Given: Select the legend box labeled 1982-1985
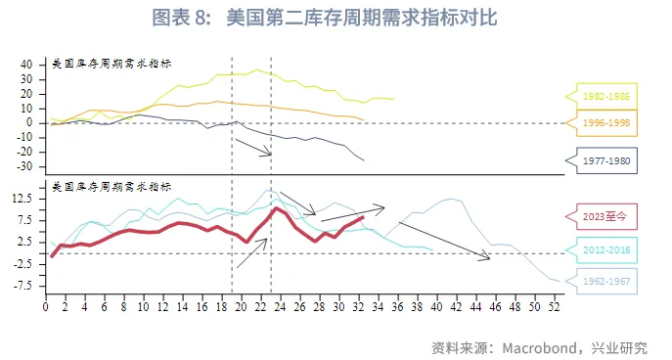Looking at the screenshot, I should (606, 96).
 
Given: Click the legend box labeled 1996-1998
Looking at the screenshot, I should (606, 123).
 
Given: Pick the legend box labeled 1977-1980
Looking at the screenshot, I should (606, 159).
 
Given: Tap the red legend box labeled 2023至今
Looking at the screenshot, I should (606, 217).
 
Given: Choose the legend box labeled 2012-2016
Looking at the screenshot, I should (606, 249).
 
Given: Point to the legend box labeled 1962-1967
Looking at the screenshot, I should (606, 282).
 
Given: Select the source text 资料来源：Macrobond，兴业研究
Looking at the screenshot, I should (539, 347).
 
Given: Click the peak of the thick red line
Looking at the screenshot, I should (277, 207).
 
